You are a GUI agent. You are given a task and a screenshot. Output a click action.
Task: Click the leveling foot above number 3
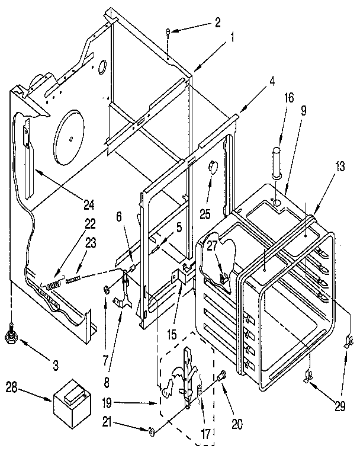click(x=11, y=337)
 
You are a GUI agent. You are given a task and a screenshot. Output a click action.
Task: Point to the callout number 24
click(x=89, y=206)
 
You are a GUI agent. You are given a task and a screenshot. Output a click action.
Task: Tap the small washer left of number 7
click(x=105, y=289)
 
